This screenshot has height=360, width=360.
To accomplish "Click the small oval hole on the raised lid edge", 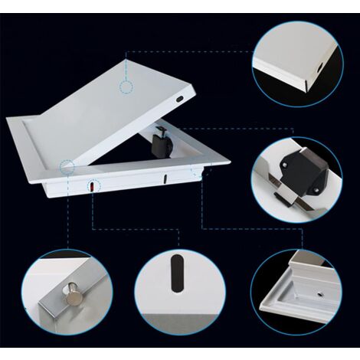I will coord(179,99).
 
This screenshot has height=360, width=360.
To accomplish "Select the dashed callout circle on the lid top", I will coord(126,86).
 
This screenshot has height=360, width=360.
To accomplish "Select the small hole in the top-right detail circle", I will coord(316,66).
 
